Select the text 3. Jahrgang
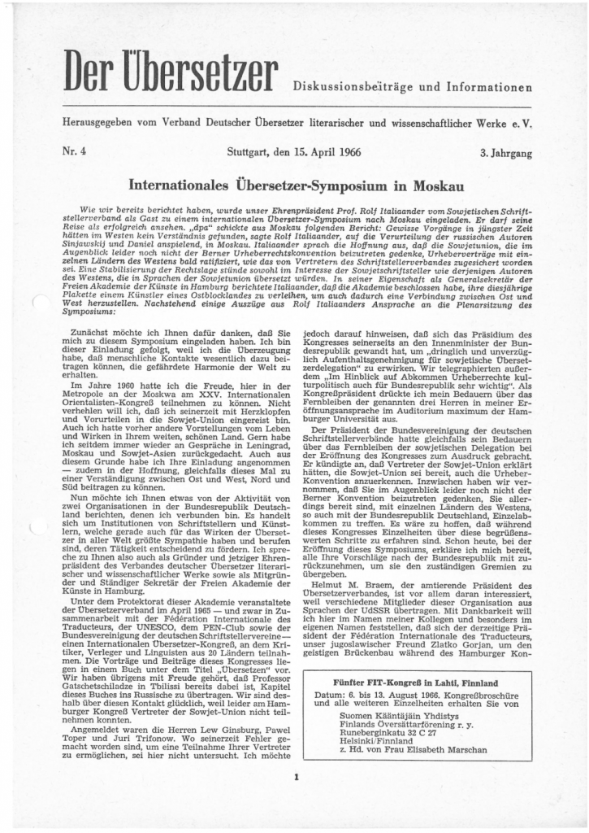506,152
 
